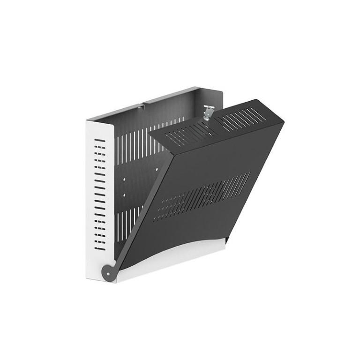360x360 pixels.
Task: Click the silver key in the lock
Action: [x=208, y=113]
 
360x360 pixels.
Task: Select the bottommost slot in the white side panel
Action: [x=99, y=247]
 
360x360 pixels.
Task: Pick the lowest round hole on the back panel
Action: [x=124, y=195]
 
